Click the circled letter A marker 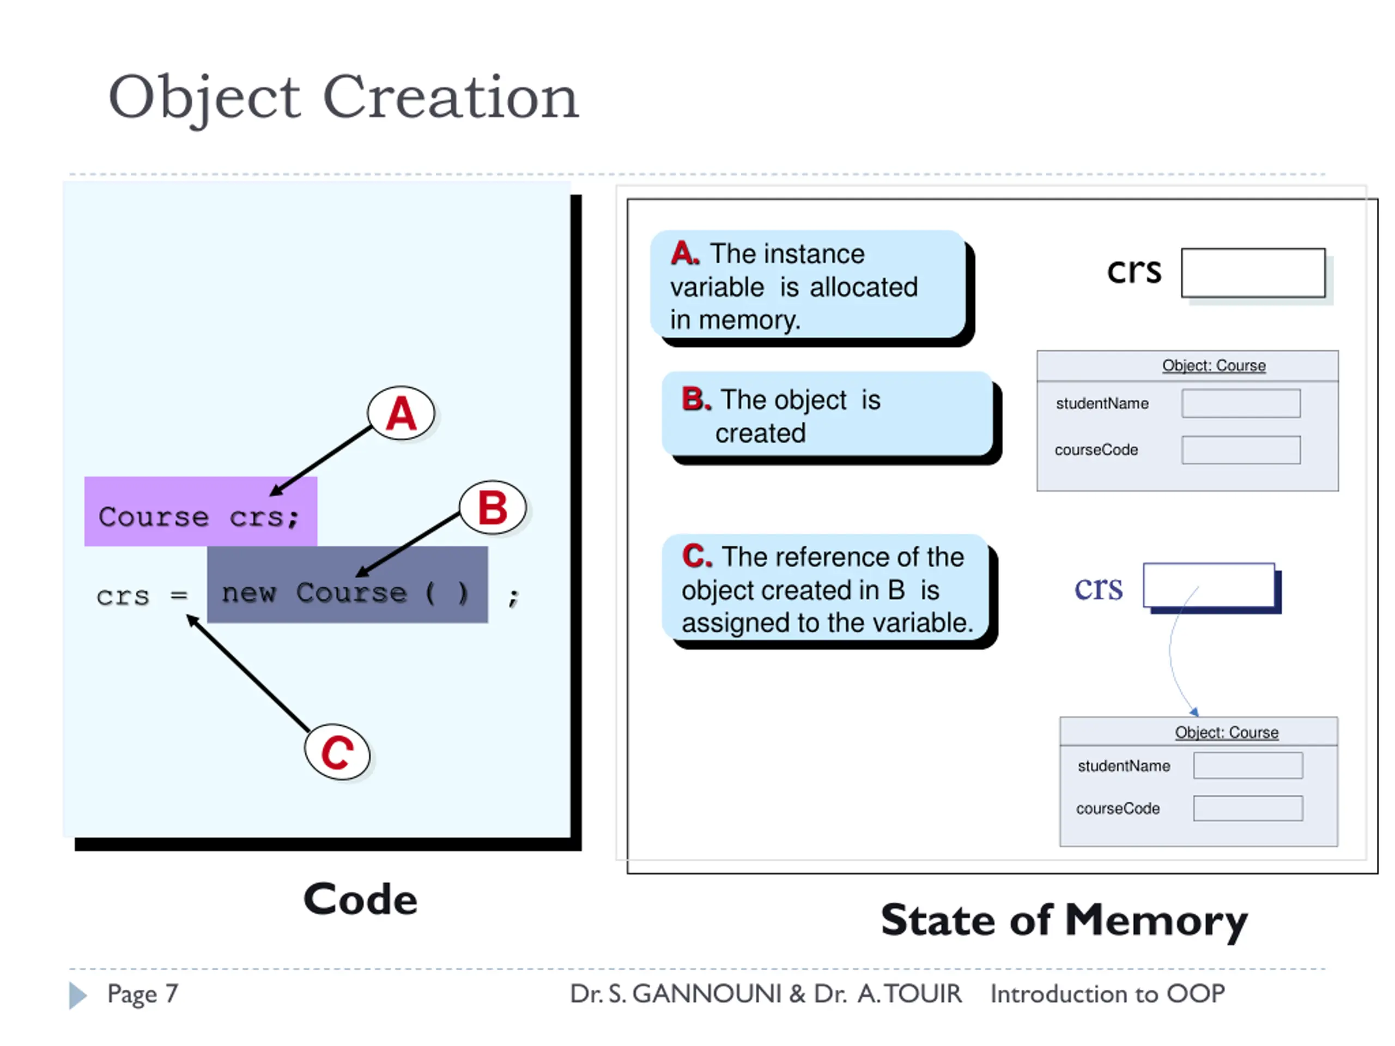point(401,413)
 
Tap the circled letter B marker point(493,508)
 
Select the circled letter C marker point(337,752)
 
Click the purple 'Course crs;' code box point(201,512)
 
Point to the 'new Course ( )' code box point(348,585)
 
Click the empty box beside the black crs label point(1253,272)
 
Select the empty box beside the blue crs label point(1209,585)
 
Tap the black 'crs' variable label point(1134,271)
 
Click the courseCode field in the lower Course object point(1248,808)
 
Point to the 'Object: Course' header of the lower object point(1227,732)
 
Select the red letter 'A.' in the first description point(685,253)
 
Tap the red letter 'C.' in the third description point(697,556)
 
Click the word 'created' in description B point(761,433)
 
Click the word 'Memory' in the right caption point(1156,921)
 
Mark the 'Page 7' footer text point(143,994)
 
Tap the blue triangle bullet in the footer point(77,995)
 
